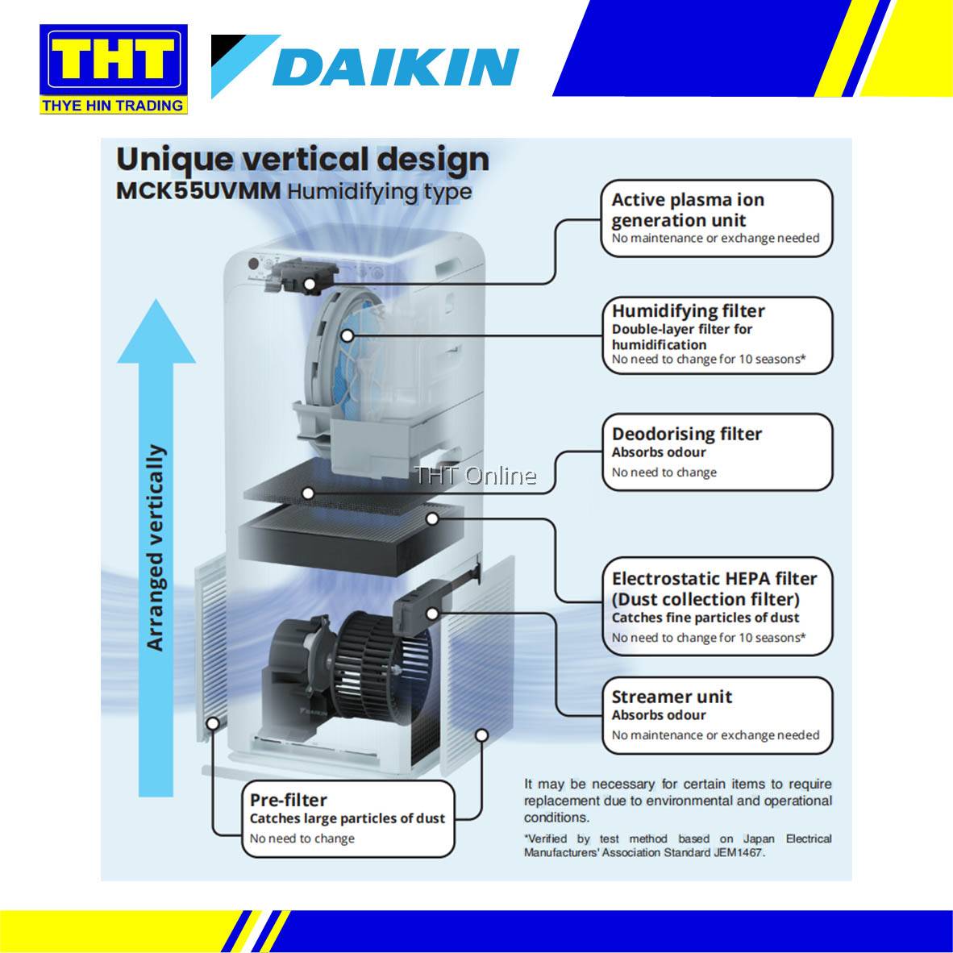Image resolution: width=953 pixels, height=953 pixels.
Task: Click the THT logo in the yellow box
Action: coord(113,61)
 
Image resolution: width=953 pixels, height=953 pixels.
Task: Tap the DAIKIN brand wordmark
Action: coord(395,67)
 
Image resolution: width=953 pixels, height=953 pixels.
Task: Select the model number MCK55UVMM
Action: coord(198,192)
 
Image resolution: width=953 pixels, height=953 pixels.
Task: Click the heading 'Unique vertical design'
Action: coord(302,159)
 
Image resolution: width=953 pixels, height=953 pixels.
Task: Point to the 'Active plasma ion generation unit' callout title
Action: coord(688,210)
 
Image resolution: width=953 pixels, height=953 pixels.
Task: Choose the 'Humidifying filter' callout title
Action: coord(688,310)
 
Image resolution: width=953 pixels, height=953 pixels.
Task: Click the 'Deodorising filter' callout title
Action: coord(686,434)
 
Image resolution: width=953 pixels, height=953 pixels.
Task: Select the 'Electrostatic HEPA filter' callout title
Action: coord(714,579)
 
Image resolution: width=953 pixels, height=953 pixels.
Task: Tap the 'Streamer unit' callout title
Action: coord(672,697)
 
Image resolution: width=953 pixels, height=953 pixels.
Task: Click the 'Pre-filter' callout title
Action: coord(288,800)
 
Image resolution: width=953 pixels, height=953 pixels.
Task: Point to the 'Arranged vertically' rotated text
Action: coord(155,548)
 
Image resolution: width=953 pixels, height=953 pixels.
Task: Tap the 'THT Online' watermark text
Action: coord(475,476)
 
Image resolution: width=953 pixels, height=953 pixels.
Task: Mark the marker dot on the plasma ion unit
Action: coord(310,283)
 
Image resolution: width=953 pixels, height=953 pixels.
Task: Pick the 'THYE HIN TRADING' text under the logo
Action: coord(113,106)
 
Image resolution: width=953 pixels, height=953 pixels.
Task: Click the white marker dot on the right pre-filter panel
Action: coord(481,735)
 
